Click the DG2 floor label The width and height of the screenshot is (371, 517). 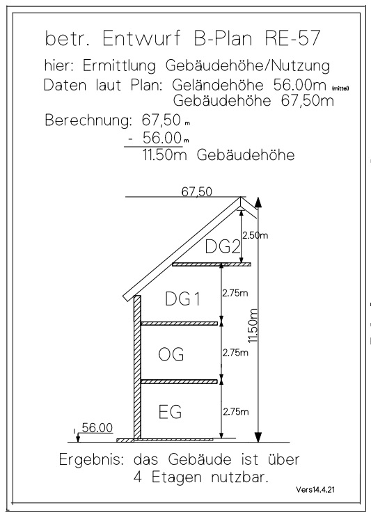(223, 246)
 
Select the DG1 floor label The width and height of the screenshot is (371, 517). (182, 299)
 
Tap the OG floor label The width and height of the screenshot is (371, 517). (171, 354)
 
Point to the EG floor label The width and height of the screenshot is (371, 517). (170, 412)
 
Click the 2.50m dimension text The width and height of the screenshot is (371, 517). (255, 235)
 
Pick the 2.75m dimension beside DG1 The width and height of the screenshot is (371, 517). (235, 293)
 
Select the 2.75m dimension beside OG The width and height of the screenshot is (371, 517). (235, 353)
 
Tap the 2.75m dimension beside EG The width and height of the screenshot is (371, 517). (236, 412)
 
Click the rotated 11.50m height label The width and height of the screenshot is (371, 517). (253, 326)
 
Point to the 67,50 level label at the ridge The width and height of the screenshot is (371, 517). (197, 192)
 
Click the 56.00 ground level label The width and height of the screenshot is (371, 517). (97, 428)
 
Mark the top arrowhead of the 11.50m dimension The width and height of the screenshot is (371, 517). (258, 202)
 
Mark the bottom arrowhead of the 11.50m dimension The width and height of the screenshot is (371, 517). (258, 437)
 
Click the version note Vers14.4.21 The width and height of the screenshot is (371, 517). (315, 490)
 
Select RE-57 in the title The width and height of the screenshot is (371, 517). (292, 38)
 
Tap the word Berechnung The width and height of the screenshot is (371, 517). (88, 120)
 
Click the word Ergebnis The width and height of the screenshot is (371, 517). (91, 460)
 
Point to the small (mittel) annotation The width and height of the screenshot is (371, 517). (340, 88)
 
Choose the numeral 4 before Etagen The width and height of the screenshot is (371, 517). (138, 477)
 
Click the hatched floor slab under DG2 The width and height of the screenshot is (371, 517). (212, 264)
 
